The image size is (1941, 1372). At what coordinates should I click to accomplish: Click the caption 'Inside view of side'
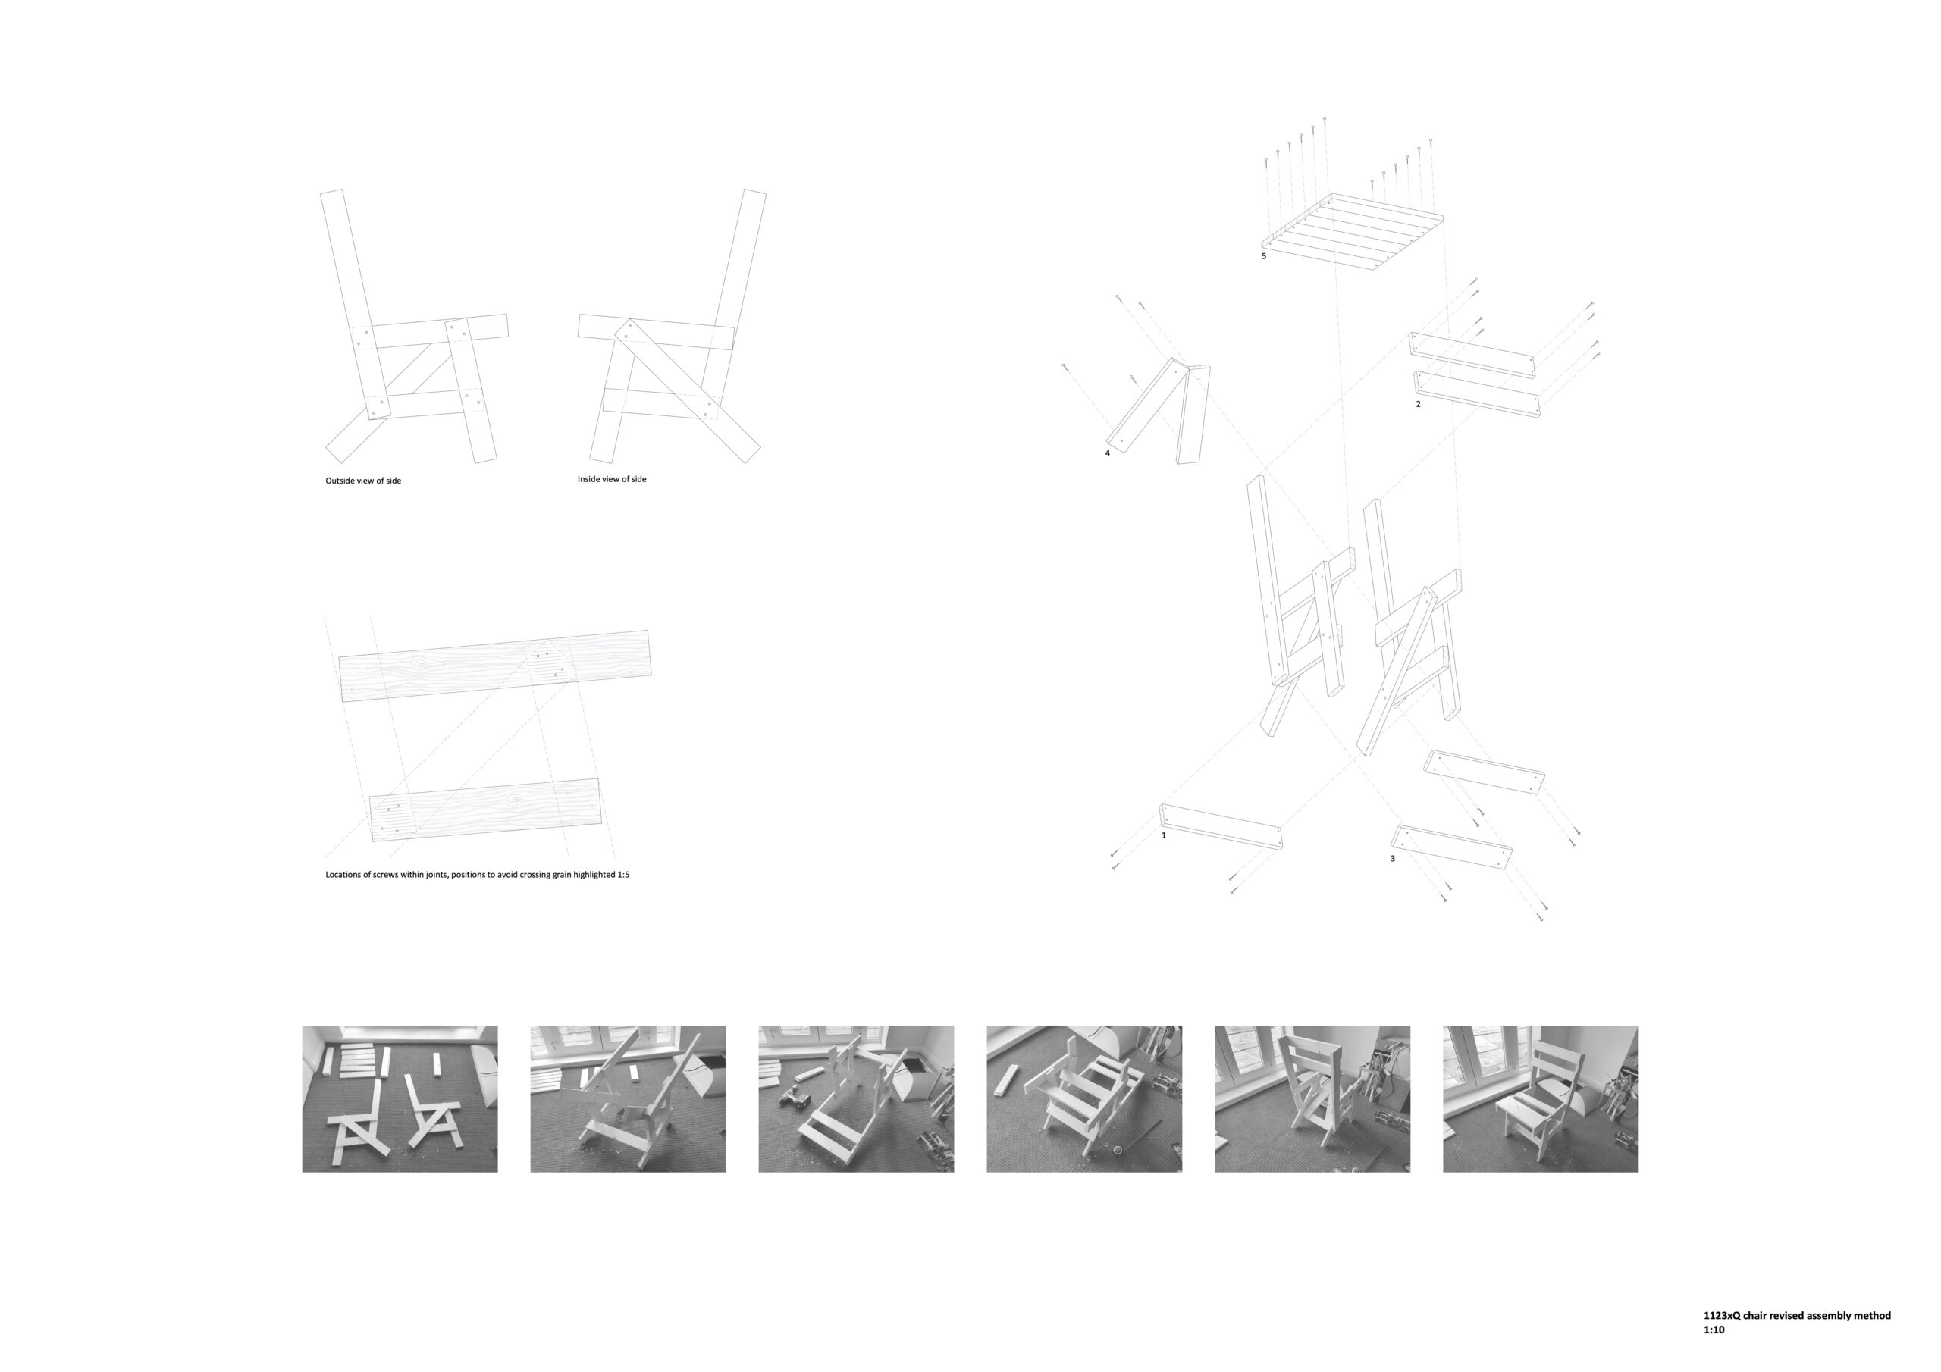(612, 479)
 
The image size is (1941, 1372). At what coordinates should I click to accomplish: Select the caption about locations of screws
(478, 875)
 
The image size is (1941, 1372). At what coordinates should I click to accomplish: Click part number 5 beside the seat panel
(1264, 256)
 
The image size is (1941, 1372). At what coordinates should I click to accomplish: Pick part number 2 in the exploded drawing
(1419, 404)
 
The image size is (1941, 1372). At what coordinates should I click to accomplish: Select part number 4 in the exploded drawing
(1108, 453)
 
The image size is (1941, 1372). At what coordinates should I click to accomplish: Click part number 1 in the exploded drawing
(1164, 835)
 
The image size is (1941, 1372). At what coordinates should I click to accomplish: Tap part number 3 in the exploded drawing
(1393, 859)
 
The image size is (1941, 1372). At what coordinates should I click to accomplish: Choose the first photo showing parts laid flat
(400, 1099)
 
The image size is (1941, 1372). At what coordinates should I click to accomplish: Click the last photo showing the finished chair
(1540, 1099)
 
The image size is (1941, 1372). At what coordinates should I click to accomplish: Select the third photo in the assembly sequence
(856, 1099)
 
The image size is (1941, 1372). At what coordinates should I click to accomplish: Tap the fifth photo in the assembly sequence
(1312, 1099)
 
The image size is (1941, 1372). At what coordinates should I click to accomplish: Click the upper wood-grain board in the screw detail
(495, 666)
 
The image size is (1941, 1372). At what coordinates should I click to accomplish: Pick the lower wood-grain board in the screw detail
(485, 810)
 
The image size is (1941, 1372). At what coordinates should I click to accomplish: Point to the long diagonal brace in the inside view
(687, 390)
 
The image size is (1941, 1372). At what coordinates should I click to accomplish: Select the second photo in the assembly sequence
(628, 1099)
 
